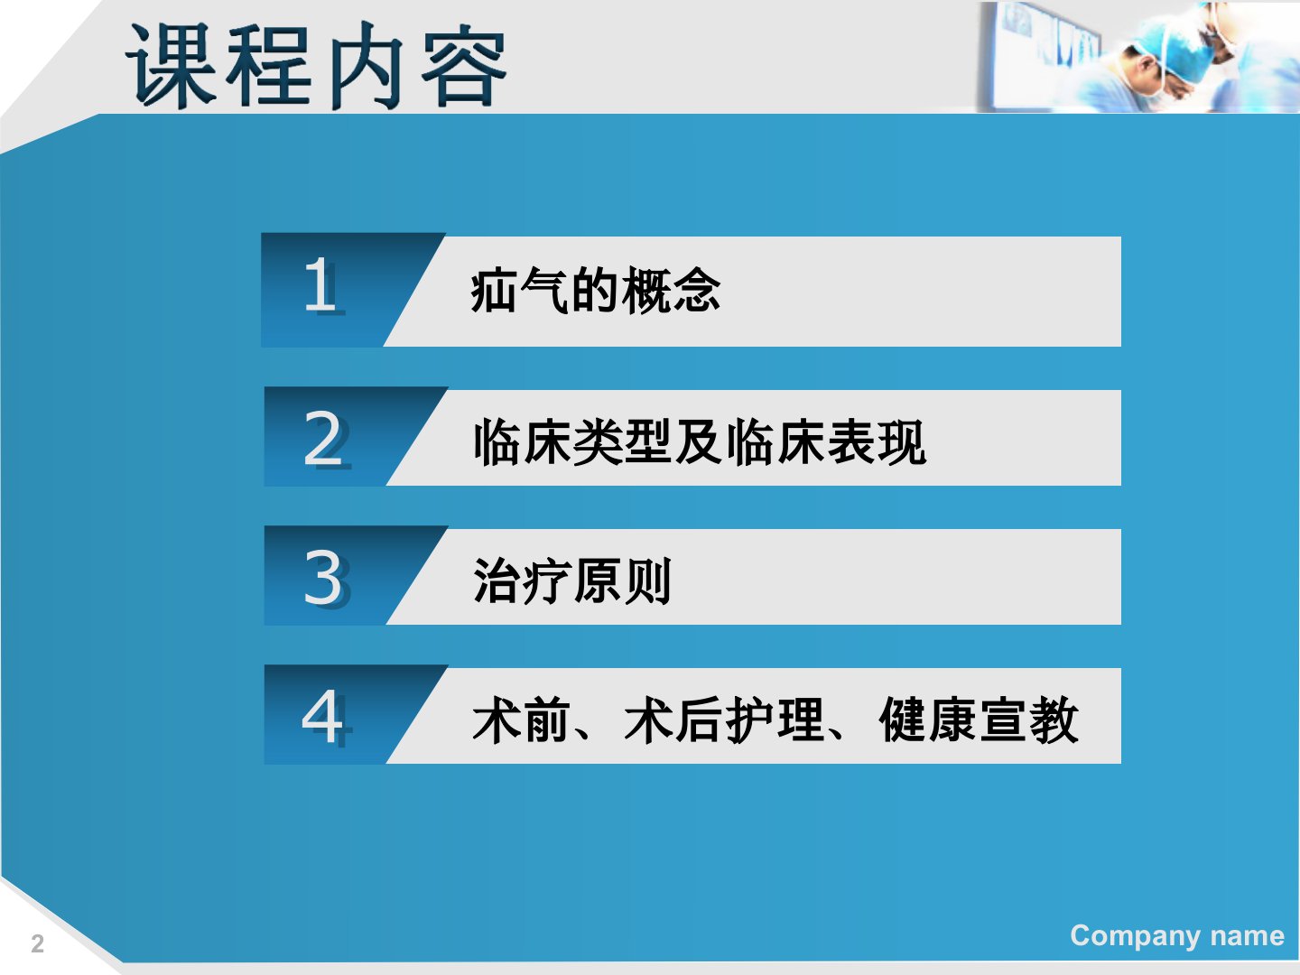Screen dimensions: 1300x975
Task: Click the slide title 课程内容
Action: pyautogui.click(x=316, y=65)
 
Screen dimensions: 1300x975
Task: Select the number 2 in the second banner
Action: pyautogui.click(x=326, y=440)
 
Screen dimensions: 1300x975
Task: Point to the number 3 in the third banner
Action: pyautogui.click(x=326, y=578)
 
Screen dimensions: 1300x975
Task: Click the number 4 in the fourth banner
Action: pyautogui.click(x=326, y=717)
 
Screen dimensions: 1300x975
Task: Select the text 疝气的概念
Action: pyautogui.click(x=595, y=290)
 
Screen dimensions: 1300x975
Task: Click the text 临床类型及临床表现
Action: pyautogui.click(x=700, y=441)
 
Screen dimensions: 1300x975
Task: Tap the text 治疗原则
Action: pyautogui.click(x=572, y=580)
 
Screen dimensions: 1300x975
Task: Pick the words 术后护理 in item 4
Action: pyautogui.click(x=724, y=720)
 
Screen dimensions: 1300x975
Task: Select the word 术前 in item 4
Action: pyautogui.click(x=522, y=720)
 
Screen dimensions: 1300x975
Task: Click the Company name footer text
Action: pyautogui.click(x=1177, y=936)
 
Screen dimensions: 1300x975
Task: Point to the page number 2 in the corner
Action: pyautogui.click(x=37, y=944)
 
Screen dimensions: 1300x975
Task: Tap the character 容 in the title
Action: pyautogui.click(x=464, y=65)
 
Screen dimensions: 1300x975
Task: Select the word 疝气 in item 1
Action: pyautogui.click(x=520, y=290)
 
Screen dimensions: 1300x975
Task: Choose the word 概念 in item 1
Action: pyautogui.click(x=671, y=290)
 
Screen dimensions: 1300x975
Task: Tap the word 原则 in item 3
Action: pyautogui.click(x=622, y=580)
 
